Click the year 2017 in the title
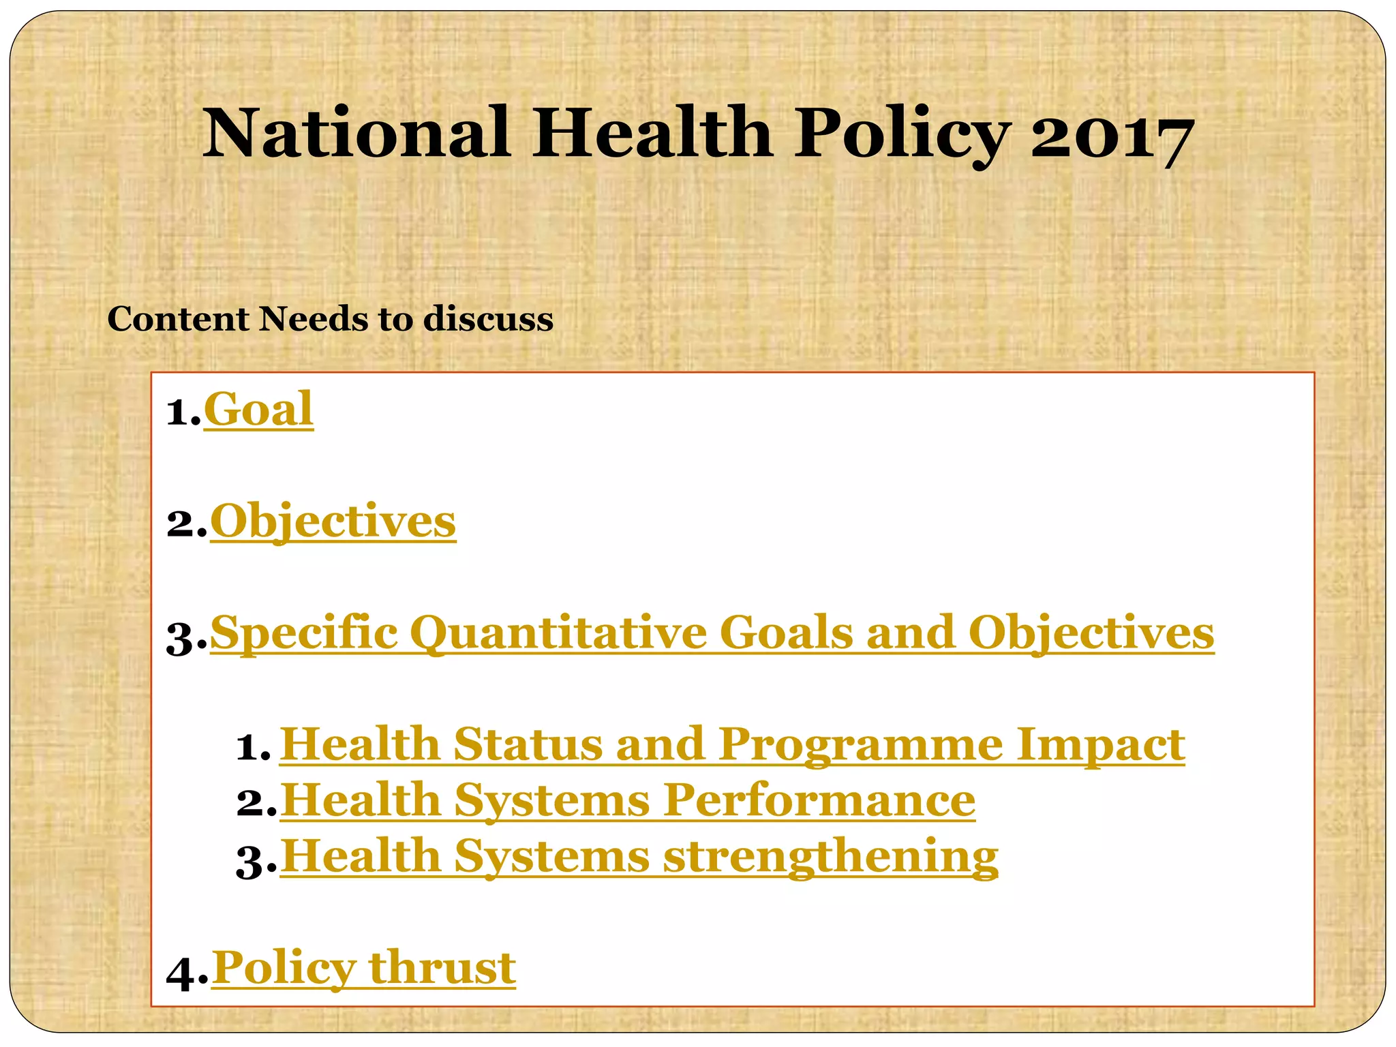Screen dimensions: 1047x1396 (1111, 135)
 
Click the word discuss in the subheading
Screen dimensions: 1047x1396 (488, 319)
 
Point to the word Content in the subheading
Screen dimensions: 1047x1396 (179, 319)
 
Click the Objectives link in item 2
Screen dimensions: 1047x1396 (333, 522)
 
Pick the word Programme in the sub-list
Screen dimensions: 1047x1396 (860, 744)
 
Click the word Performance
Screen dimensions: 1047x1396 (819, 800)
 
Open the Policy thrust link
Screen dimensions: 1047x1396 (363, 968)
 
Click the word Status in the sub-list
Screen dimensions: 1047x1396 (528, 744)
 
